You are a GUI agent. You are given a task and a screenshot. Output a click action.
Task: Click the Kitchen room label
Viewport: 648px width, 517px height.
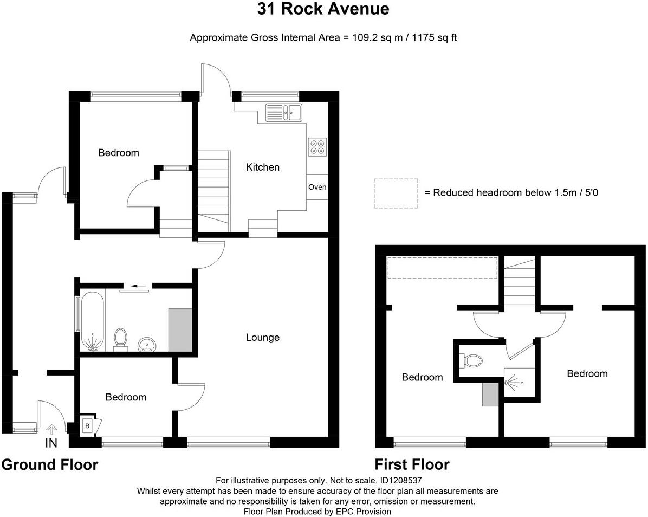(263, 167)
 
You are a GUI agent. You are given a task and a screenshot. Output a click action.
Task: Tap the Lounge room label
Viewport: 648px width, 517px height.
(263, 338)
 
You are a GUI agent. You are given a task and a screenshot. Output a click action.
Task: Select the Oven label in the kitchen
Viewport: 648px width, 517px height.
(317, 187)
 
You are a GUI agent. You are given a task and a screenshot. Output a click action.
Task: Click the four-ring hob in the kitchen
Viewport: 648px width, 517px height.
(317, 146)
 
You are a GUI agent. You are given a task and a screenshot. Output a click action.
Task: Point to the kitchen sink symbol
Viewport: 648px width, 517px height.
(284, 113)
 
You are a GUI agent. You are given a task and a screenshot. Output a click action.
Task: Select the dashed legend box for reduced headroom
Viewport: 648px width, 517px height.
(396, 193)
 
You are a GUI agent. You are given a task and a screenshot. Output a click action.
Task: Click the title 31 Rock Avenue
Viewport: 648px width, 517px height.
(323, 9)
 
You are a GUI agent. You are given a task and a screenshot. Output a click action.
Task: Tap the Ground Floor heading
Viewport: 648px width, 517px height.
(50, 465)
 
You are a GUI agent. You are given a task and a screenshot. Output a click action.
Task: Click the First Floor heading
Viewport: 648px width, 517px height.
(412, 465)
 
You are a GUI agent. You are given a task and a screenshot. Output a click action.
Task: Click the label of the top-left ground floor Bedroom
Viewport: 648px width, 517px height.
(119, 153)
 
